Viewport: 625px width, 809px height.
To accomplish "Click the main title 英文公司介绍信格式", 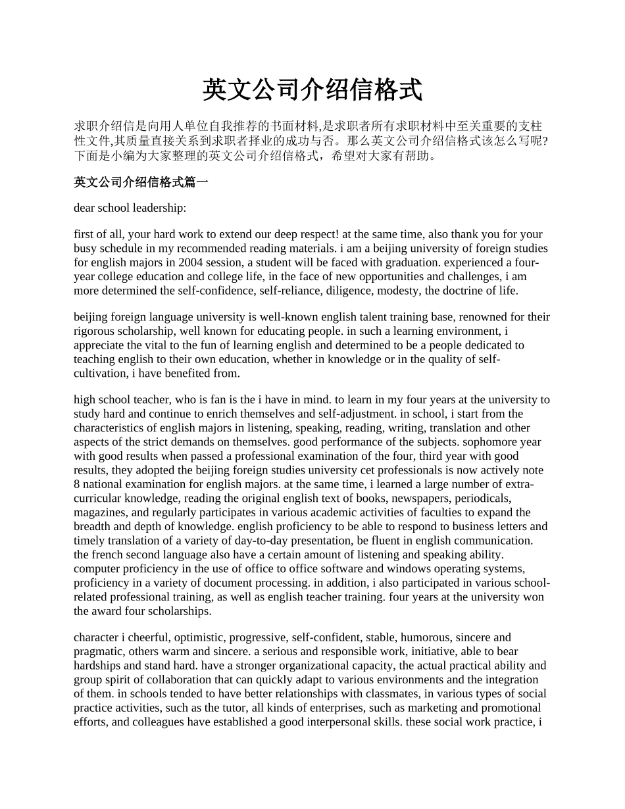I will [x=312, y=91].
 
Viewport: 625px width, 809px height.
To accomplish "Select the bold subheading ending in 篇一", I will [x=141, y=182].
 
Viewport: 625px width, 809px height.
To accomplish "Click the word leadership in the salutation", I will [x=159, y=208].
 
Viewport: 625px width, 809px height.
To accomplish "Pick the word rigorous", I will [x=93, y=331].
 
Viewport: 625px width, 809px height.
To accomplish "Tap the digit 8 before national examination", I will [x=77, y=484].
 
